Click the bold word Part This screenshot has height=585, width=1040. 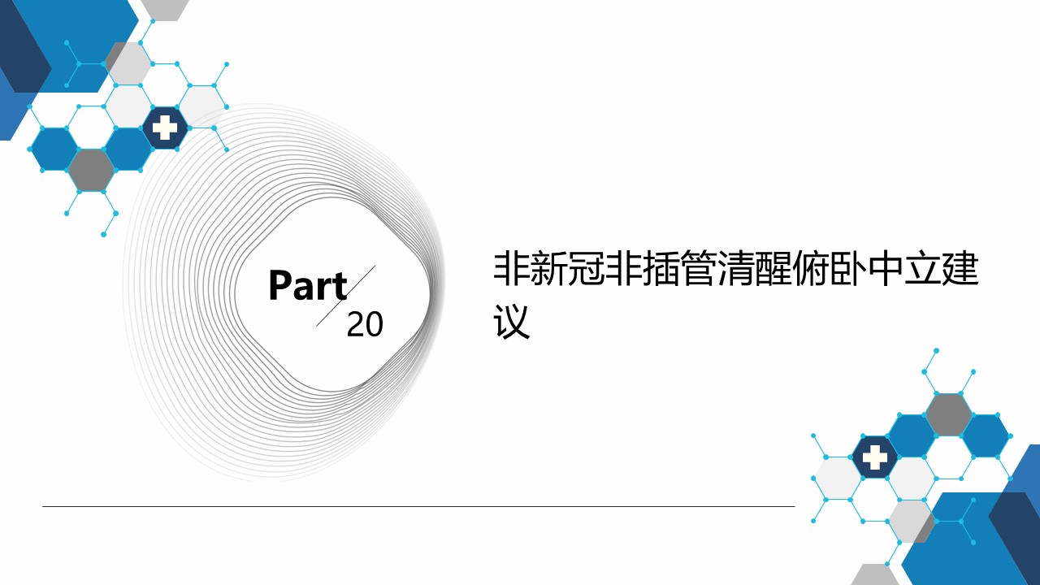[x=308, y=285]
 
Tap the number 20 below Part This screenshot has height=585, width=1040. [x=365, y=324]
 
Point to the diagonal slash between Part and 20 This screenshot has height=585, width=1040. [x=346, y=296]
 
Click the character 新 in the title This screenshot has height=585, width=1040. [x=548, y=269]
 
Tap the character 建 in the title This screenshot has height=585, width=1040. [x=961, y=269]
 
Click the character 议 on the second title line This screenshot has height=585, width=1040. [x=512, y=322]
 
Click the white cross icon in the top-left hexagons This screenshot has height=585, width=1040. [x=165, y=128]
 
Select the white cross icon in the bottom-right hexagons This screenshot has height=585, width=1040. [x=875, y=457]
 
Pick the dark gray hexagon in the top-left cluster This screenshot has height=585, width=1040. [x=92, y=170]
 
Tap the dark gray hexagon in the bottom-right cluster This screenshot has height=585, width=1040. [x=948, y=414]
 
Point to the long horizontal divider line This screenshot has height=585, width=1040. [x=418, y=506]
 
